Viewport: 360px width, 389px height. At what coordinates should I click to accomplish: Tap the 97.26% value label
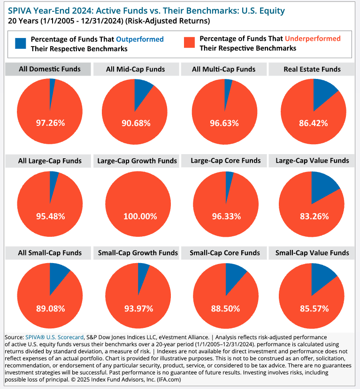pyautogui.click(x=50, y=123)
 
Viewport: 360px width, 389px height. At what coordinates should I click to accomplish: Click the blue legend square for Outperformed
pyautogui.click(x=21, y=44)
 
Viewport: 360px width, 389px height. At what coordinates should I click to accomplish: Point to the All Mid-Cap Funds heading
pyautogui.click(x=135, y=69)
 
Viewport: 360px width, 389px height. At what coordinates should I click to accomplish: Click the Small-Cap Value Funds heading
pyautogui.click(x=312, y=253)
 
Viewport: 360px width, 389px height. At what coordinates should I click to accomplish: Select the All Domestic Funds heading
pyautogui.click(x=49, y=69)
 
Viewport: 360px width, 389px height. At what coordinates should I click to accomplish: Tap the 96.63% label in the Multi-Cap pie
pyautogui.click(x=224, y=123)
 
